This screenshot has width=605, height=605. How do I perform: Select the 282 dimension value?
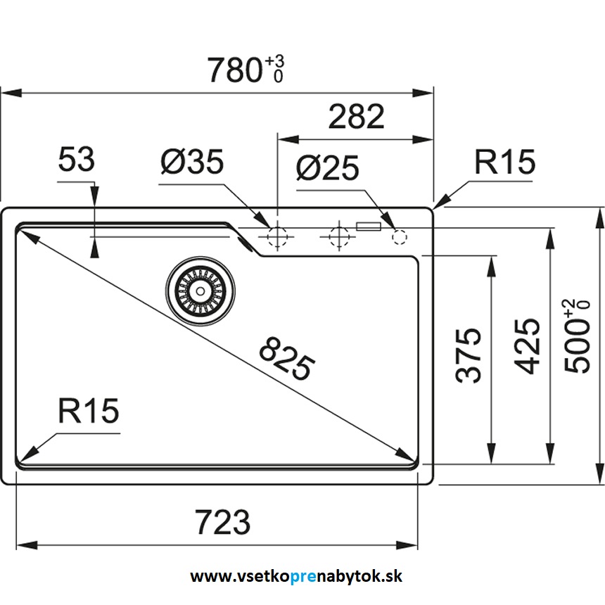[x=357, y=117]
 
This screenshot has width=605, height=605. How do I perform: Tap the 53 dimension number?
[x=76, y=161]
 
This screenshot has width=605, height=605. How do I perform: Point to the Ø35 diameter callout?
[x=192, y=163]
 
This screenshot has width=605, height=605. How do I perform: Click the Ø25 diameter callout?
[x=327, y=169]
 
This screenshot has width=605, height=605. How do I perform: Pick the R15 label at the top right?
[x=504, y=163]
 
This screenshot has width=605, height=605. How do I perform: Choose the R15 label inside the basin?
[x=88, y=412]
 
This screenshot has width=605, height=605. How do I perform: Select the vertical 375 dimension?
[x=469, y=355]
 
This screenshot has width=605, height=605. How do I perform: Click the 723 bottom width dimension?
[x=222, y=522]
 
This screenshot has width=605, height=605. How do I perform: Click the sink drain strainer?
[x=201, y=289]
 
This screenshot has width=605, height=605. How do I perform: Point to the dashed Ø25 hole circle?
[x=398, y=237]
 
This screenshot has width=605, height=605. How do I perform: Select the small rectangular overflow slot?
[x=369, y=227]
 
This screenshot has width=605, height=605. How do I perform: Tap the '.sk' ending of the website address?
[x=392, y=577]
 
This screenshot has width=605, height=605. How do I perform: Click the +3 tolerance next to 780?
[x=275, y=62]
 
